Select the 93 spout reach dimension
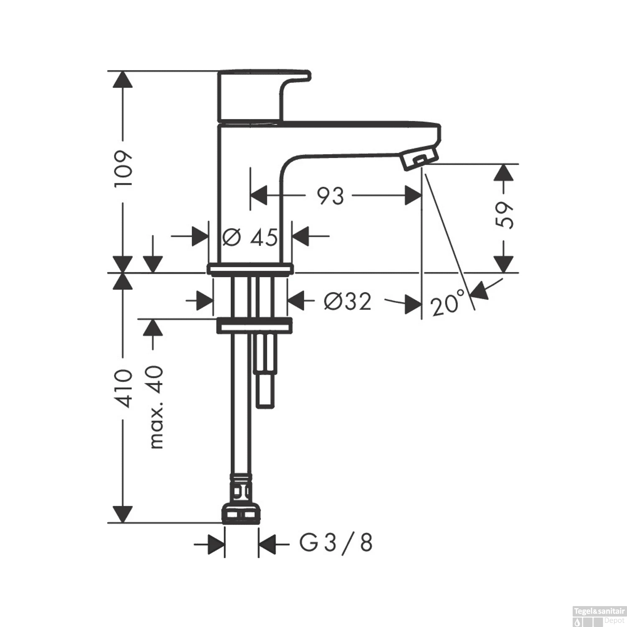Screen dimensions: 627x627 click(x=331, y=196)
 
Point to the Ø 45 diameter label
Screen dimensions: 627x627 click(x=250, y=237)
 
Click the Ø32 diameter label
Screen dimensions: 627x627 click(x=348, y=301)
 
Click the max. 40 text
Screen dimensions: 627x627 click(x=156, y=407)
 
